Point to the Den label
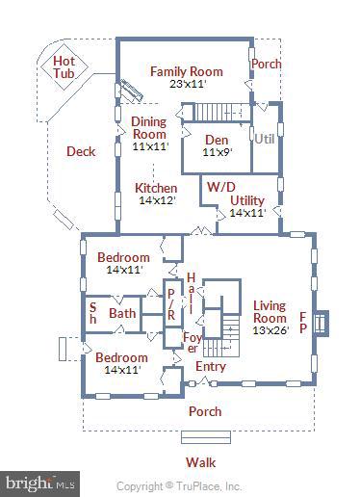[x=215, y=138]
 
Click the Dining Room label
[x=149, y=128]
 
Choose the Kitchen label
[x=155, y=188]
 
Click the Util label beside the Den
[x=265, y=139]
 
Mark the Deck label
[x=81, y=151]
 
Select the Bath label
[x=122, y=313]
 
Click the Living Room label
[x=270, y=312]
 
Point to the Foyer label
[x=193, y=342]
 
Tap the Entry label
[x=211, y=367]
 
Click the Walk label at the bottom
[x=200, y=461]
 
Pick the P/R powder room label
[x=171, y=304]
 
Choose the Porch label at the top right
[x=265, y=65]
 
